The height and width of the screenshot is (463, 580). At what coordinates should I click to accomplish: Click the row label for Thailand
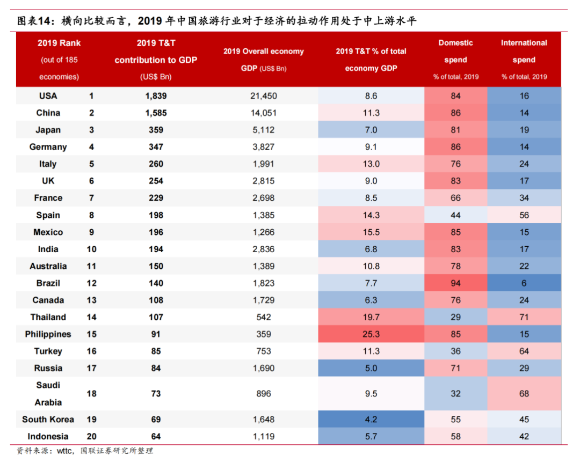click(48, 317)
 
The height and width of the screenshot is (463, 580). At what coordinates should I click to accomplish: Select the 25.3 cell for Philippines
click(371, 334)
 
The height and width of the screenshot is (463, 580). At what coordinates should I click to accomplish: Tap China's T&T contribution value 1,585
click(156, 113)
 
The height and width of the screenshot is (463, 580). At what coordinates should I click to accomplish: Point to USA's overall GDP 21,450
click(263, 95)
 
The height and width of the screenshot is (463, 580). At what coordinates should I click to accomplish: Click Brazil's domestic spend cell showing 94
click(455, 283)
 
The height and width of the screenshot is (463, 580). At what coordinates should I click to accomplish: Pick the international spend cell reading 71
click(524, 317)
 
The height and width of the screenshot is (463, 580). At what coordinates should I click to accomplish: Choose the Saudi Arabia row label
click(48, 393)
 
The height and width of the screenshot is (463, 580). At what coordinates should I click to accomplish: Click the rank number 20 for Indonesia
click(91, 436)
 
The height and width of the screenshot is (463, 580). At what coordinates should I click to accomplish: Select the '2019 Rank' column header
click(59, 43)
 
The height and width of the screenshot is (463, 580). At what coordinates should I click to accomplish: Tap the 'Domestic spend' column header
click(455, 51)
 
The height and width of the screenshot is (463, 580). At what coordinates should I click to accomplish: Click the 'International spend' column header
click(524, 51)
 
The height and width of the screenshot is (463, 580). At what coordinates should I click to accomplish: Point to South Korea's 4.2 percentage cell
click(371, 419)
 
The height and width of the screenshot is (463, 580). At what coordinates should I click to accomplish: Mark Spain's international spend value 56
click(524, 215)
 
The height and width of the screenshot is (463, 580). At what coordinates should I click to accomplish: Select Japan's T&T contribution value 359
click(156, 130)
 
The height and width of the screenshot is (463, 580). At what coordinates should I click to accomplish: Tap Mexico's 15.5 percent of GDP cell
click(371, 232)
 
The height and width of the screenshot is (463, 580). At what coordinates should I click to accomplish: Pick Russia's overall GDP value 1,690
click(263, 368)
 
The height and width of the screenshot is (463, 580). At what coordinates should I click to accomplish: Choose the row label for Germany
click(48, 147)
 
